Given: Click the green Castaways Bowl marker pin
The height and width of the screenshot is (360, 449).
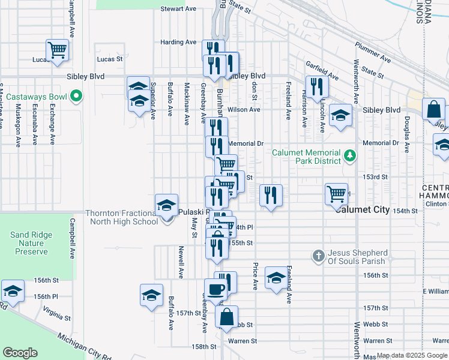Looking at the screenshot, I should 76,95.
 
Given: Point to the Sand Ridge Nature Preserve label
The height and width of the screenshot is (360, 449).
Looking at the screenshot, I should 31,243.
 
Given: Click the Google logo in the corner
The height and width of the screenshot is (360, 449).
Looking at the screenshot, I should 20,352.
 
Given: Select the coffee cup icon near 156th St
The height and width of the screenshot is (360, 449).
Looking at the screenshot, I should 215,289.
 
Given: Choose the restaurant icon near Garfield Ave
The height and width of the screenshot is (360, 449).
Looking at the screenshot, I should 316,86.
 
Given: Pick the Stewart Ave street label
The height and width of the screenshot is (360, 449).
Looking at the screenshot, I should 179,9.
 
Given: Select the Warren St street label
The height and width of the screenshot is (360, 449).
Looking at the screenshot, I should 243,341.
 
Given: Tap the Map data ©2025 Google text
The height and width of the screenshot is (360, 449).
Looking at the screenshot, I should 411,356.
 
